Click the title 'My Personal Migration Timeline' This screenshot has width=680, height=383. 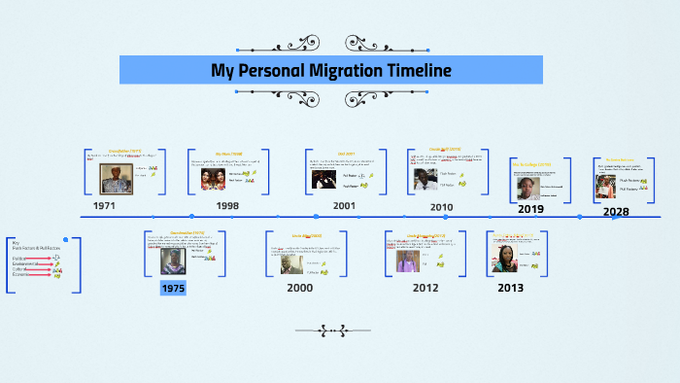(330, 71)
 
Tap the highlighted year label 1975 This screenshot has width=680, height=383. (173, 288)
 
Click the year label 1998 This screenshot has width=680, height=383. (227, 206)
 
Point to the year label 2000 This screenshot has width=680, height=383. (300, 288)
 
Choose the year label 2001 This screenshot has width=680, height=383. (343, 206)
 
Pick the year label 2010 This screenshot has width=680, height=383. (441, 207)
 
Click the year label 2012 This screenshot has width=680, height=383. (425, 288)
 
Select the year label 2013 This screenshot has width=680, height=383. (510, 288)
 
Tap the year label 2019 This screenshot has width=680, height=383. (530, 209)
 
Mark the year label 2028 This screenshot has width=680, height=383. (616, 211)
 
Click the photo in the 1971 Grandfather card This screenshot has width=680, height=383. (117, 178)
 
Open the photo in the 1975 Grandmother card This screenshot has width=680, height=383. (174, 261)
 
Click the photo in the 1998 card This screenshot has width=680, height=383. (214, 179)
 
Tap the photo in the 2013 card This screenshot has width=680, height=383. (509, 258)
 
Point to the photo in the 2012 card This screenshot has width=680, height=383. (407, 260)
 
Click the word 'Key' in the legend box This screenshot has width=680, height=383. (16, 242)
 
